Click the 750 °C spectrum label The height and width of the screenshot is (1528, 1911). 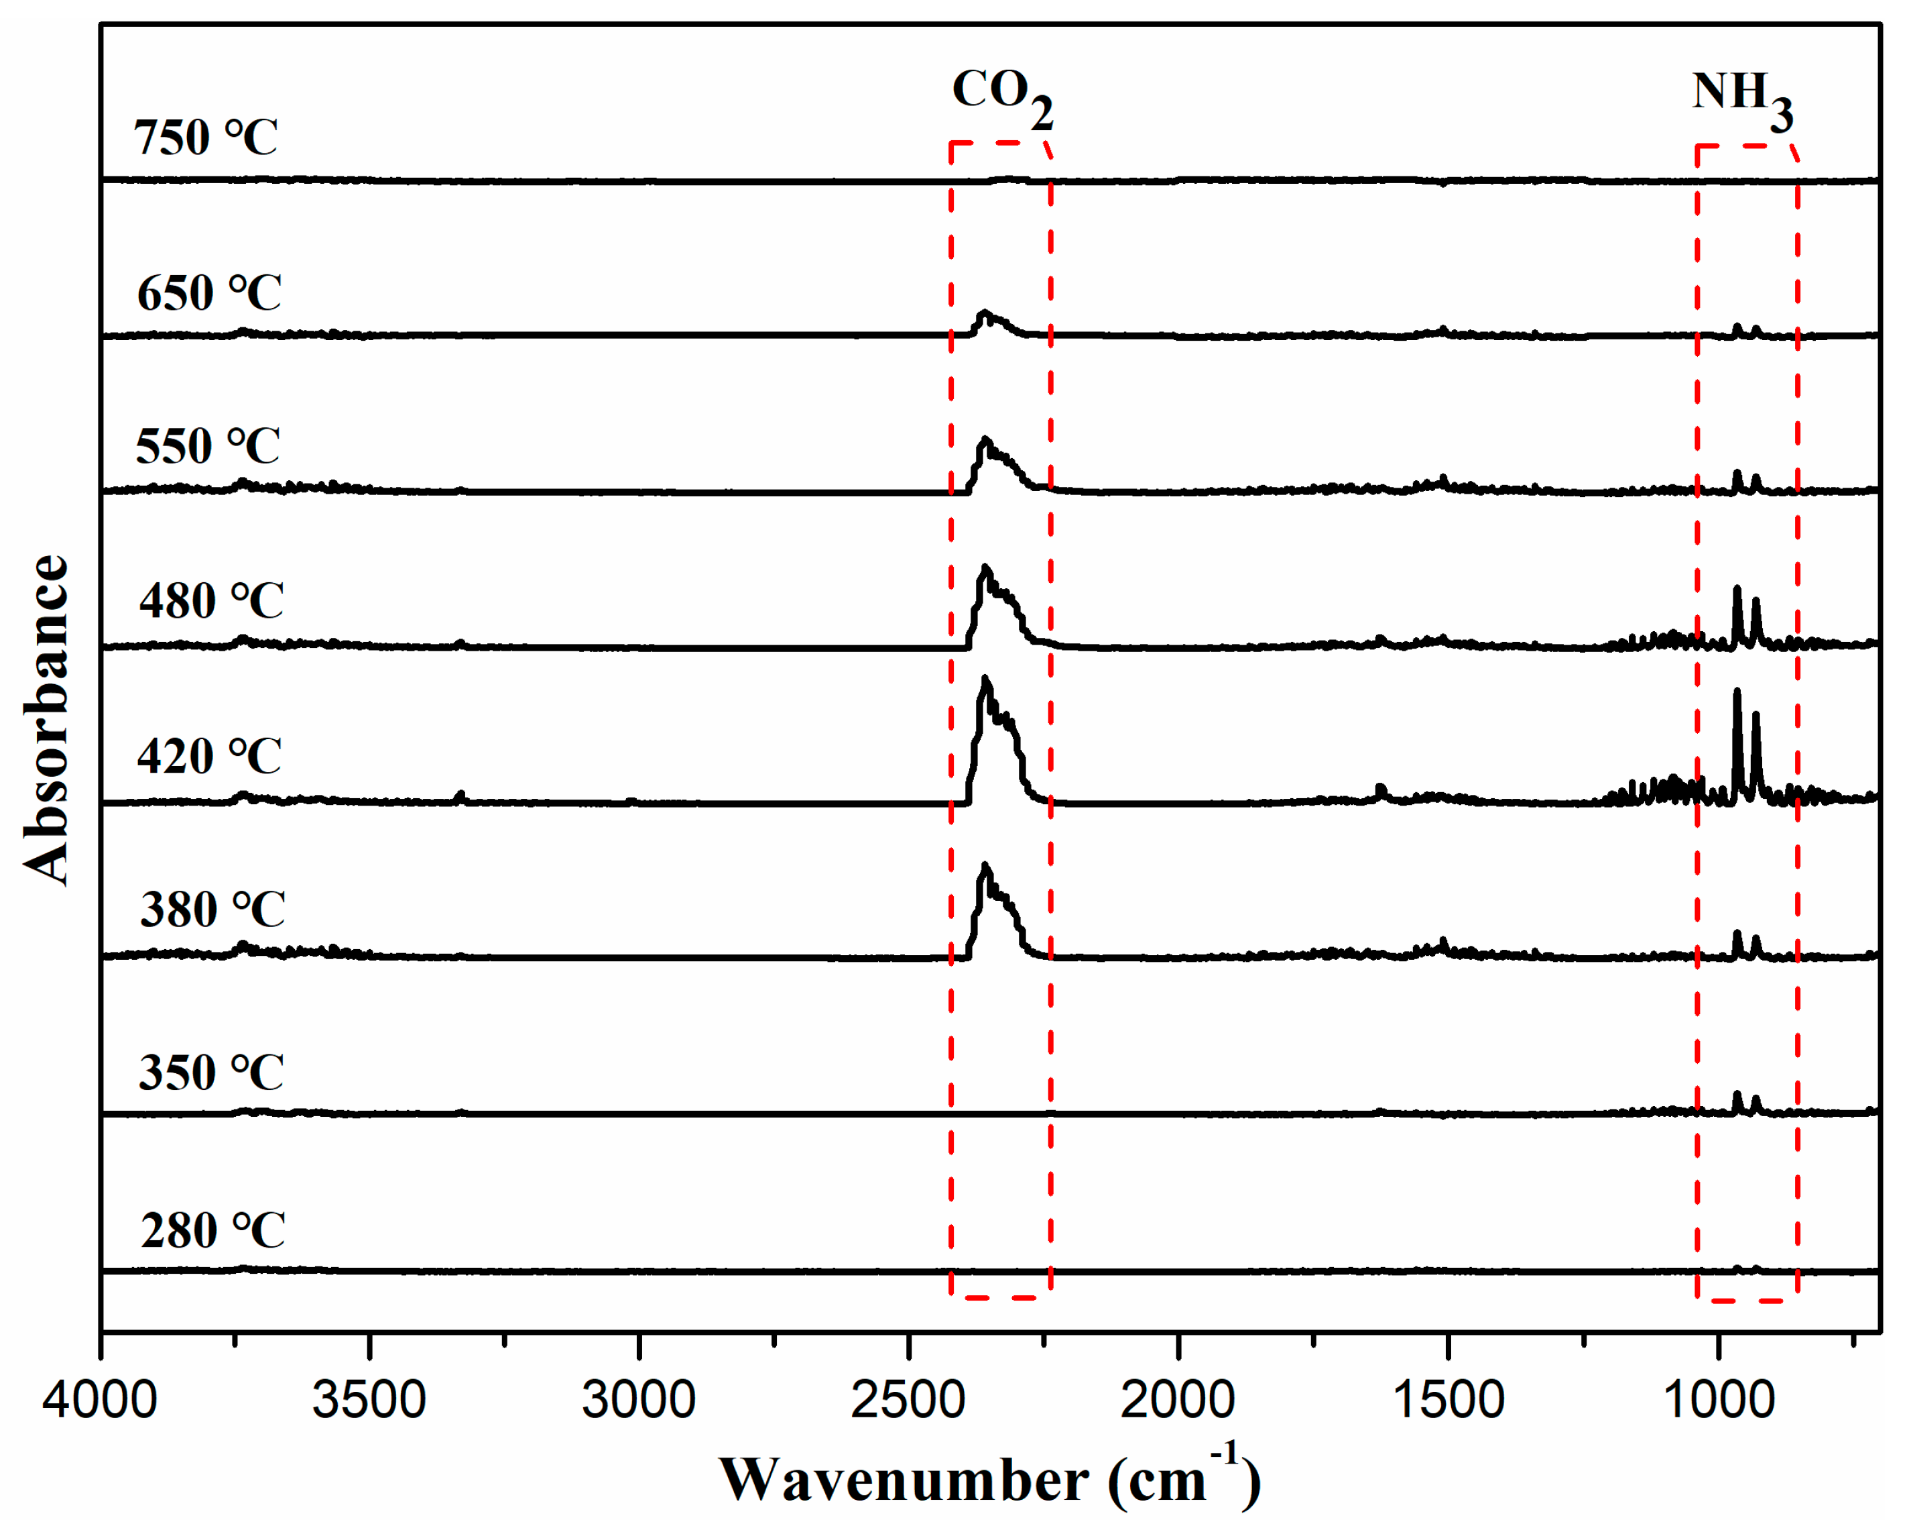[206, 138]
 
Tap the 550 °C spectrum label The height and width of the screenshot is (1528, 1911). [207, 446]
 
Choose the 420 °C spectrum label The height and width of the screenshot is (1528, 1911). [209, 757]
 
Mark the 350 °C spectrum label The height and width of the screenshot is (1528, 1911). [211, 1073]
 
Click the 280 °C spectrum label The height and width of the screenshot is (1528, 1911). [212, 1231]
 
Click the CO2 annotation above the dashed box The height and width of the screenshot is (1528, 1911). [1001, 96]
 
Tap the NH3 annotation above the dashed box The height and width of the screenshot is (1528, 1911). [1741, 97]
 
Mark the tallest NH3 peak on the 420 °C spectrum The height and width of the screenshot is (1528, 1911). [1736, 696]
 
